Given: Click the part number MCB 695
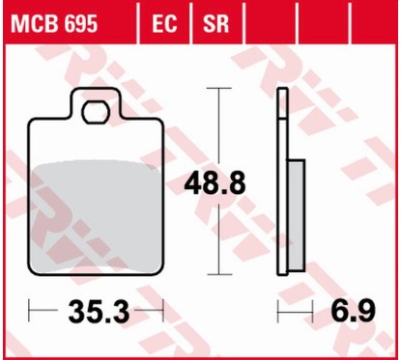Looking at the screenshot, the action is pyautogui.click(x=54, y=23).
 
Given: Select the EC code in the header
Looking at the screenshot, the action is pyautogui.click(x=164, y=23).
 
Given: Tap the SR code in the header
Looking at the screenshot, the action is pyautogui.click(x=215, y=23).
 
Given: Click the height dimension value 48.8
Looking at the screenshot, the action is pyautogui.click(x=215, y=183).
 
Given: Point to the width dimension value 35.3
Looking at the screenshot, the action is pyautogui.click(x=99, y=311).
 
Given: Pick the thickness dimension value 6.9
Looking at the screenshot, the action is pyautogui.click(x=354, y=311).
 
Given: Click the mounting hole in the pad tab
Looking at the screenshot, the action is pyautogui.click(x=96, y=113).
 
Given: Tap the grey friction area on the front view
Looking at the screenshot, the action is pyautogui.click(x=96, y=216).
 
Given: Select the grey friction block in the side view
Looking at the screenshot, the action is pyautogui.click(x=296, y=215).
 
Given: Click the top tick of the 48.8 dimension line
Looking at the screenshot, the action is pyautogui.click(x=219, y=88).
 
